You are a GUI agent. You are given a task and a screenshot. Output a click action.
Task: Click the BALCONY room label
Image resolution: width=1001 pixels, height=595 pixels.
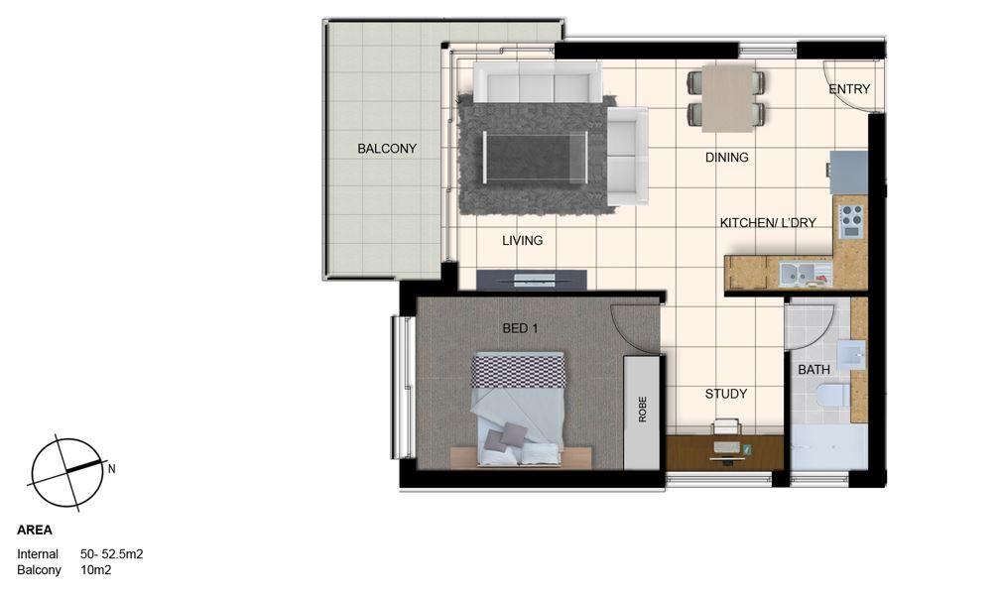tap(387, 148)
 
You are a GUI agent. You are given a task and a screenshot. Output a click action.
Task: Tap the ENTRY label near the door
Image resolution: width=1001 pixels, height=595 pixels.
tap(849, 89)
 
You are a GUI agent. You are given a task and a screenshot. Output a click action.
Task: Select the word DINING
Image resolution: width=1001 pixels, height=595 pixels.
tap(726, 157)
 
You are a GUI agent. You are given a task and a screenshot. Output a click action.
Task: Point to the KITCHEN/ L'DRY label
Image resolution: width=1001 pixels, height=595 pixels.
tap(768, 223)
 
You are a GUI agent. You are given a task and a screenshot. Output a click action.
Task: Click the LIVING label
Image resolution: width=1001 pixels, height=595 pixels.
tap(522, 241)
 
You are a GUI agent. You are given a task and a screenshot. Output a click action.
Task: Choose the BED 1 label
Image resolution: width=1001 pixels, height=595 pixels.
tap(520, 328)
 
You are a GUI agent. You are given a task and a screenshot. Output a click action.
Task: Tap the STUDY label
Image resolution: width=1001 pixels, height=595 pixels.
tap(726, 394)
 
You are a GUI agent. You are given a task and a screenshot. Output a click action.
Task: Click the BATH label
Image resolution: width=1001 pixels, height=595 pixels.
tap(813, 370)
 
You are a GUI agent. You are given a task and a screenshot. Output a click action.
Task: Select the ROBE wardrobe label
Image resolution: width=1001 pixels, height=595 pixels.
tap(642, 410)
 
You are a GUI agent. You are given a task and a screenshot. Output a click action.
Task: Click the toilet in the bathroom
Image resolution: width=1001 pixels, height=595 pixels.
tap(832, 397)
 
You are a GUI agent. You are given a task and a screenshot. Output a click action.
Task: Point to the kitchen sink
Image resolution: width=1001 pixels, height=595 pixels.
tap(797, 275)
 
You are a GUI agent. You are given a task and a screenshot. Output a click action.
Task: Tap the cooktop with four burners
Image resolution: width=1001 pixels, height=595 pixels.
tap(851, 221)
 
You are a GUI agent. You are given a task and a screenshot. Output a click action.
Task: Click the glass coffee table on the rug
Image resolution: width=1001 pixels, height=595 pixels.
tap(535, 157)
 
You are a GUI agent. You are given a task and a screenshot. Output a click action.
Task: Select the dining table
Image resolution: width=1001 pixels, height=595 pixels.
tap(727, 99)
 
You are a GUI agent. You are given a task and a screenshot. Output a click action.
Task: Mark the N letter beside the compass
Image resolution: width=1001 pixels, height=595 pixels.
tap(112, 469)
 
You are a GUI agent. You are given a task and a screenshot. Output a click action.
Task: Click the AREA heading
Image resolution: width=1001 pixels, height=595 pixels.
tap(35, 530)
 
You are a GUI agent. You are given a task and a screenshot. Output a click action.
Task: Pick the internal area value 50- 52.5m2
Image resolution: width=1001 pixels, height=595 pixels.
tap(112, 554)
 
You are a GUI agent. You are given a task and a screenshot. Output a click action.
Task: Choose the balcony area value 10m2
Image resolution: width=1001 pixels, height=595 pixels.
tap(96, 570)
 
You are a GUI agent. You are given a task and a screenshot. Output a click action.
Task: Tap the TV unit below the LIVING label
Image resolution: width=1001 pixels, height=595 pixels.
tap(532, 280)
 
